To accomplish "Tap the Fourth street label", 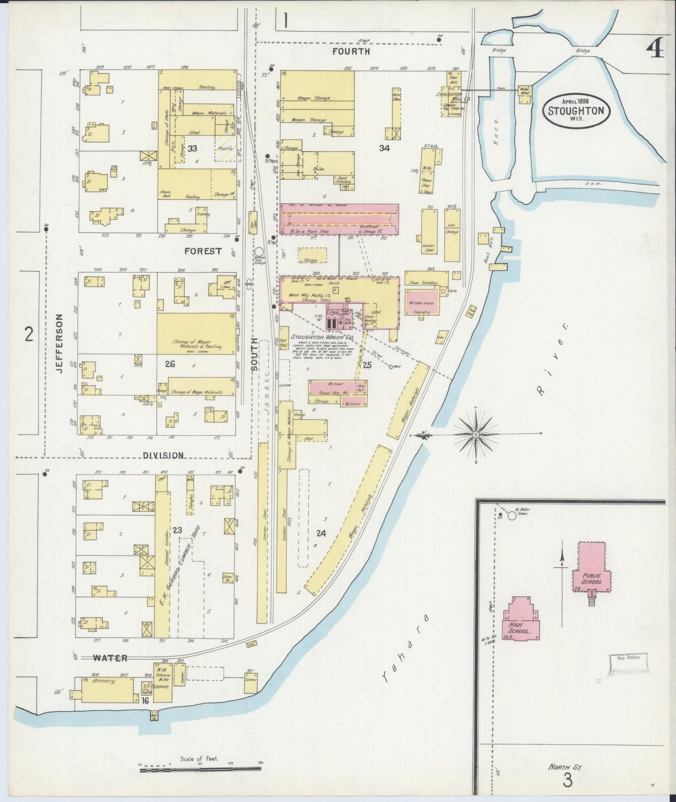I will coord(351,51).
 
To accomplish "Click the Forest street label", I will coord(203,251).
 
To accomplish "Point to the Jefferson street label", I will coord(59,343).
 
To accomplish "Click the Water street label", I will coord(110,658).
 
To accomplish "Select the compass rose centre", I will coord(476,435).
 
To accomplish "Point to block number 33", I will coord(192,149).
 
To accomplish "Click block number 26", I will coord(170,364).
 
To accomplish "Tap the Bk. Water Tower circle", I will coord(512,516).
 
